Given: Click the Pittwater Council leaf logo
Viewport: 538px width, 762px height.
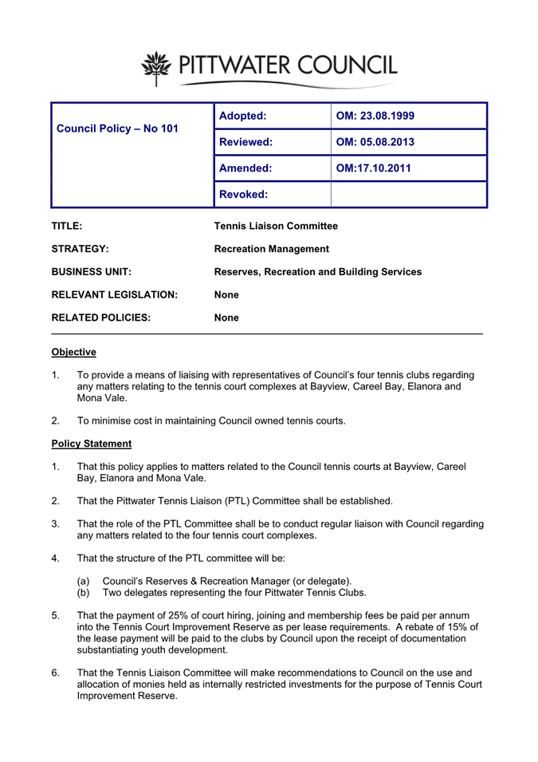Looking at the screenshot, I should coord(156,66).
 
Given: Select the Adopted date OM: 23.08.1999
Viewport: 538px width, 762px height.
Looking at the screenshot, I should coord(375,116).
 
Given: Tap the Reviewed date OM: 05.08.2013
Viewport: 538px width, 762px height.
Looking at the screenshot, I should coord(375,143).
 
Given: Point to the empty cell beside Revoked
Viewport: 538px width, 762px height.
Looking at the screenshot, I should coord(408,195).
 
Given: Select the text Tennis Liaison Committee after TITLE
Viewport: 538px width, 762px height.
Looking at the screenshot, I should coord(276,226).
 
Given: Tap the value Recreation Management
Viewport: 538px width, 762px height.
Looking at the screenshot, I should coord(272,249).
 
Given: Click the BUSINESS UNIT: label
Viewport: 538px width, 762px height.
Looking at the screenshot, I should coord(92,272).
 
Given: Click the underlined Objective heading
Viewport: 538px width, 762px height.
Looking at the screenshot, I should coord(73,352).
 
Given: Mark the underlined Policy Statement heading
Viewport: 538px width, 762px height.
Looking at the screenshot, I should coord(91,444).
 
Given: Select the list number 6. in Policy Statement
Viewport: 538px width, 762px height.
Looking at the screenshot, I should coord(56,673).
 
